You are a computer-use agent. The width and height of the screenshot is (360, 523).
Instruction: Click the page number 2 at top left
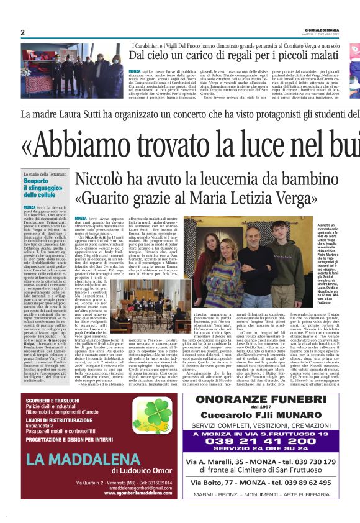pyautogui.click(x=23, y=33)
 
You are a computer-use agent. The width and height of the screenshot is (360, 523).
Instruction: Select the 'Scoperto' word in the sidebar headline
pyautogui.click(x=37, y=181)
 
